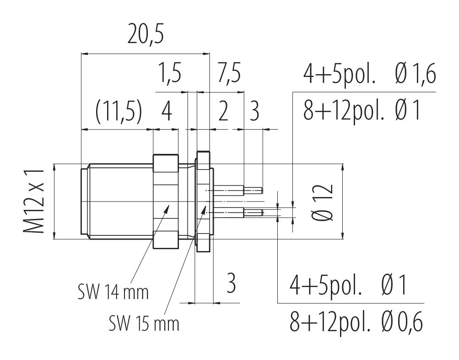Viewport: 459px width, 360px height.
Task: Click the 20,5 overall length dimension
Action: tap(146, 34)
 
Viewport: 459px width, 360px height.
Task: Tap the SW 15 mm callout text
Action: tap(144, 324)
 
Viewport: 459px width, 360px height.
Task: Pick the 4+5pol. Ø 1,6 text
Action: tap(369, 74)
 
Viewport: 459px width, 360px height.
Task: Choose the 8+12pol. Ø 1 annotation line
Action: tap(362, 111)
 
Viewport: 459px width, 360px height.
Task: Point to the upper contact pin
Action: tap(238, 191)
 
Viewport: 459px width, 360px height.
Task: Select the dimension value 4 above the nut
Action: tap(167, 112)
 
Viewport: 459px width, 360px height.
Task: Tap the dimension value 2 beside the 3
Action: tap(223, 112)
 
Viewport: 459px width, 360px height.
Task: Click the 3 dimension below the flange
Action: tap(231, 283)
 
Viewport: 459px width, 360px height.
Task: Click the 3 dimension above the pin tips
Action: tap(254, 112)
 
